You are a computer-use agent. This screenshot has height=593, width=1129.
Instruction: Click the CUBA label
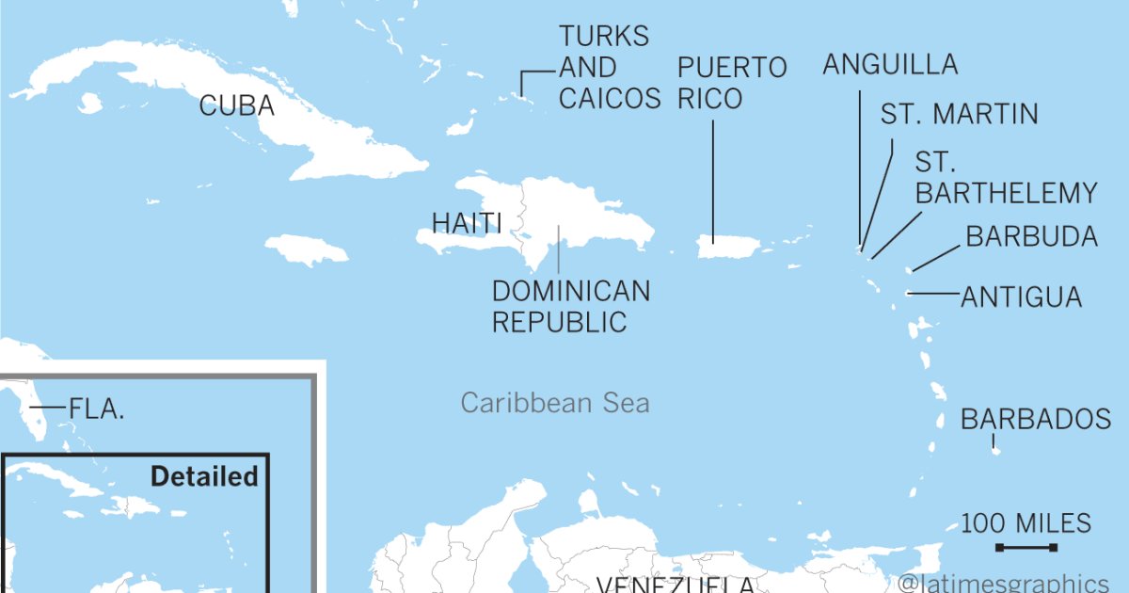point(236,105)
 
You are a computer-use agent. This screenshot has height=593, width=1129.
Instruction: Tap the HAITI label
point(466,223)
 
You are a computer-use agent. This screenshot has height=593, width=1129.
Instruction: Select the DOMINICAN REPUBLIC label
point(570,306)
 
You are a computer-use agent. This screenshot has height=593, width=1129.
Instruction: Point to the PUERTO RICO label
point(732,83)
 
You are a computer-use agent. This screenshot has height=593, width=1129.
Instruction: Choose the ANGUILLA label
point(890,64)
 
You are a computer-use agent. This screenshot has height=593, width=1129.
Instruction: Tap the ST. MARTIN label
point(959,115)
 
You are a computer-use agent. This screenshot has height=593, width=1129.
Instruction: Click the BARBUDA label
point(1031,236)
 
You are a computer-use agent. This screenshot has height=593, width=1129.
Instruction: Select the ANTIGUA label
point(1021,297)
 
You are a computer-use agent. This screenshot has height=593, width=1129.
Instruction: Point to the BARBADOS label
point(1036,419)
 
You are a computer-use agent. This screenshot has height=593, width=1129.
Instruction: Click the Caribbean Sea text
point(555,404)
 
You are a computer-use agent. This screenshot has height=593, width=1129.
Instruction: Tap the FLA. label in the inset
point(97,409)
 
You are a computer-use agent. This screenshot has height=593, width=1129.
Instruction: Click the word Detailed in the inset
point(204,476)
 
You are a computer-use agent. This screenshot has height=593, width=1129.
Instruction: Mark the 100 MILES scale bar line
point(1026,548)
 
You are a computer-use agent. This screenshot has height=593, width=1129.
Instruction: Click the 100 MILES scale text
point(1026,523)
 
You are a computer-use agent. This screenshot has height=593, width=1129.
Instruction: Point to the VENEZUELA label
point(675,585)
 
